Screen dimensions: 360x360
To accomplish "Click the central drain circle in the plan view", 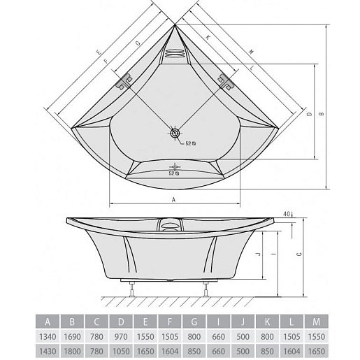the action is click(x=174, y=133).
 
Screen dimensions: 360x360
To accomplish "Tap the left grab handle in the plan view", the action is click(x=124, y=82).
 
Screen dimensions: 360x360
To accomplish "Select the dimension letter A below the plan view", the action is click(x=173, y=199).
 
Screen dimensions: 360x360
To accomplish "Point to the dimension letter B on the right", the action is click(x=322, y=114).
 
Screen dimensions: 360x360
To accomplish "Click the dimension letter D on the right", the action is click(x=310, y=114).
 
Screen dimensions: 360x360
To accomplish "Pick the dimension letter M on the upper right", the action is click(x=251, y=52).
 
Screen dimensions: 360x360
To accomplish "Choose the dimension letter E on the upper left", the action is click(x=99, y=52).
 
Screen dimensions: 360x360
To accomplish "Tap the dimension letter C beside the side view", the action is click(x=299, y=254).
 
